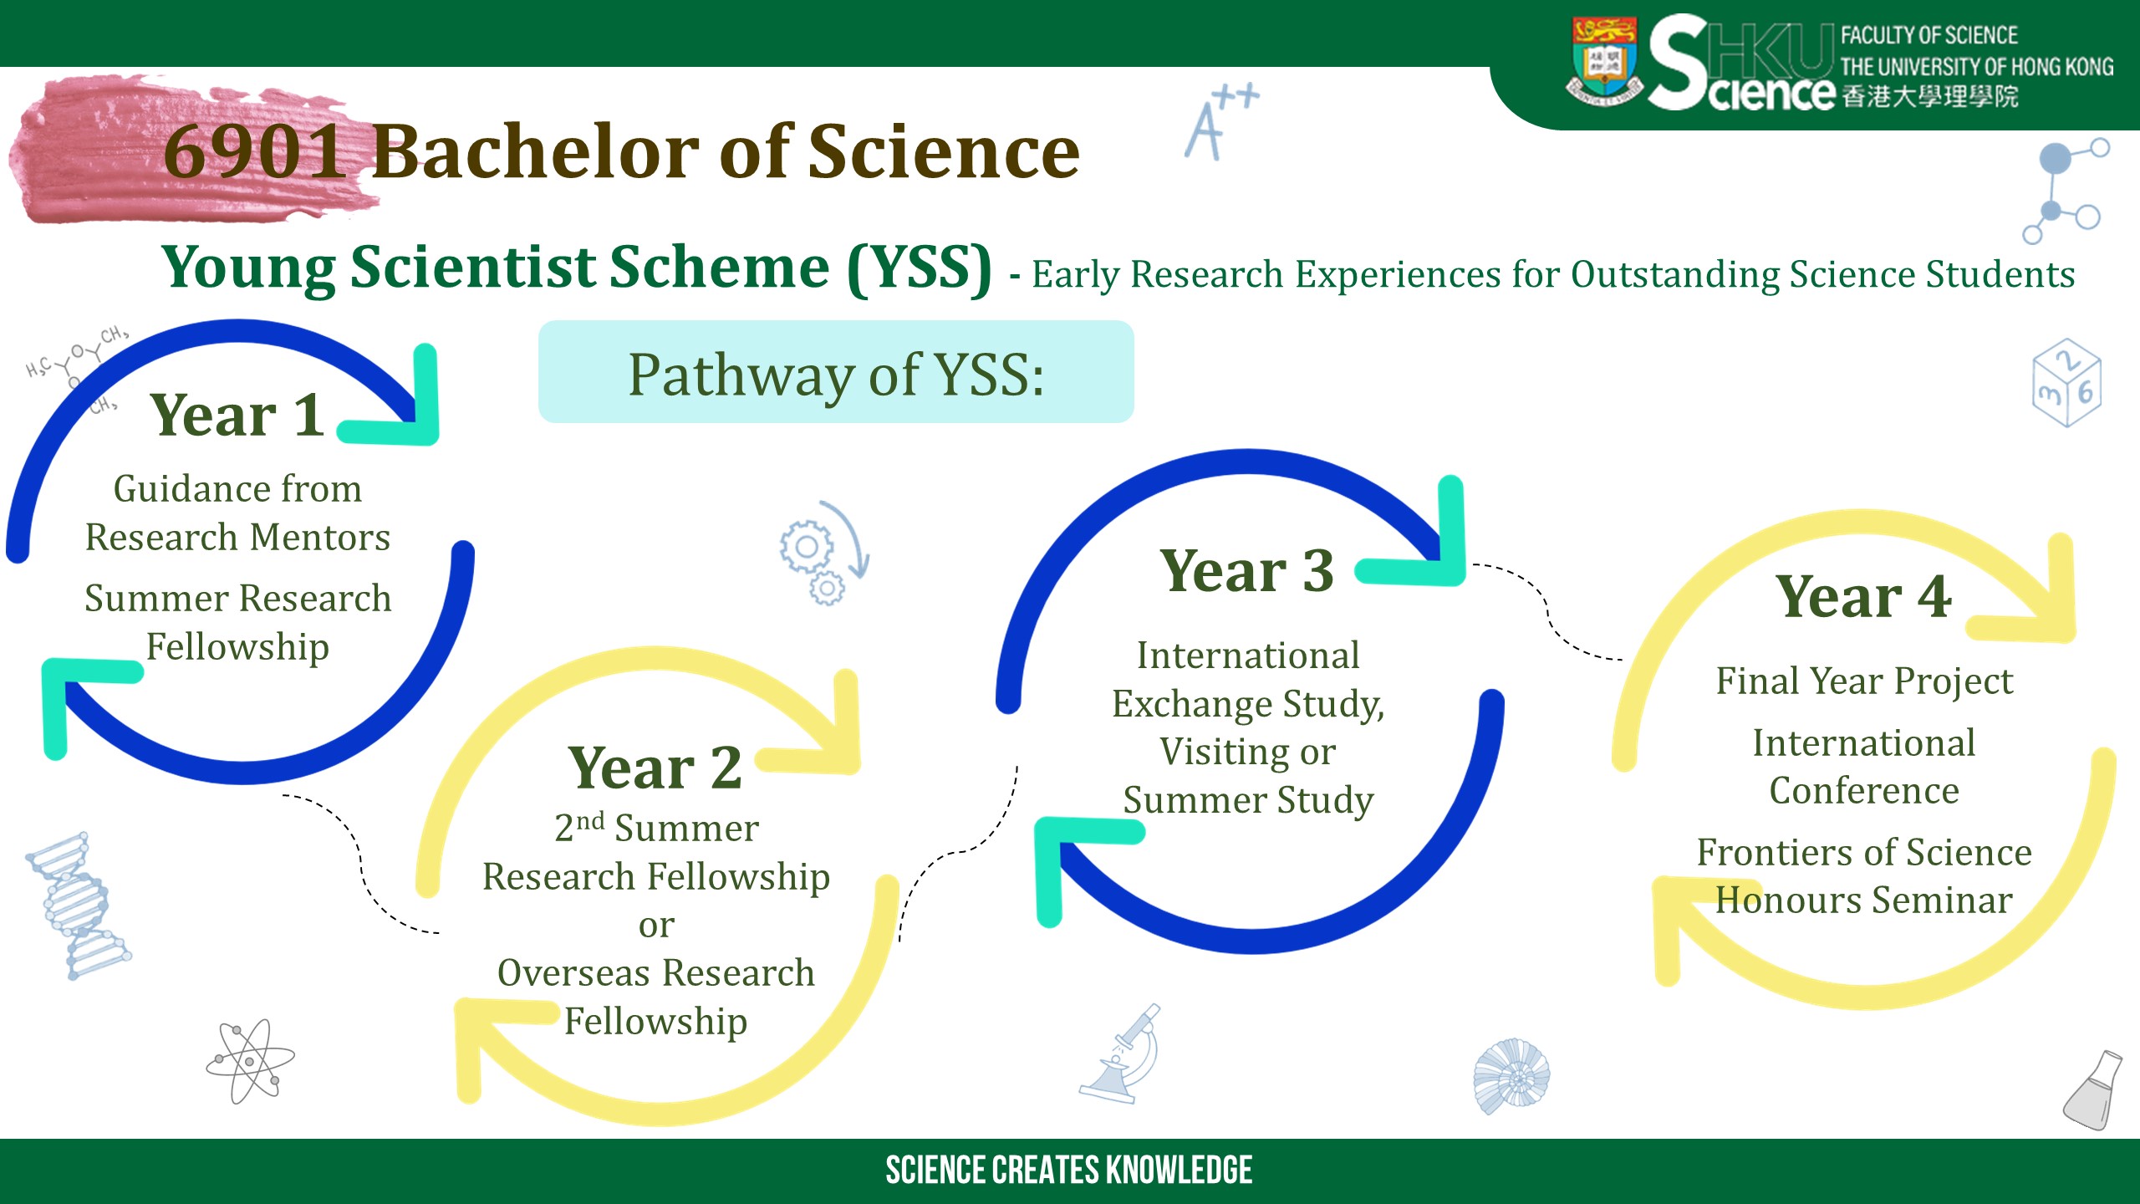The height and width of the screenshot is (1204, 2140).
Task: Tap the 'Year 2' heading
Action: [x=655, y=768]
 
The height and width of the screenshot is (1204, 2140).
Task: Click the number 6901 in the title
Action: [x=255, y=151]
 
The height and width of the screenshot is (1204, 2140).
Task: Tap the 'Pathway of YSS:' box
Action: [x=836, y=372]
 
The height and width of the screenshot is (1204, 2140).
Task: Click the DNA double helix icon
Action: [x=78, y=906]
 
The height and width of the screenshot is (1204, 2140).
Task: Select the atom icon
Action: [x=250, y=1061]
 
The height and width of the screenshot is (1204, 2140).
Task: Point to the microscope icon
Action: [x=1121, y=1053]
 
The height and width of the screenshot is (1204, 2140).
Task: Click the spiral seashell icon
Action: [x=1511, y=1076]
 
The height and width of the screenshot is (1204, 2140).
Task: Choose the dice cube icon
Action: [x=2066, y=382]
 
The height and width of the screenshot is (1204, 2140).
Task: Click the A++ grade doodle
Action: [x=1220, y=121]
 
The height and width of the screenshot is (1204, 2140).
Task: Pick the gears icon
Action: [x=823, y=553]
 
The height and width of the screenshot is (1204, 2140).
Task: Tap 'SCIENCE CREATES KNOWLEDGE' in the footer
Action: [x=1069, y=1171]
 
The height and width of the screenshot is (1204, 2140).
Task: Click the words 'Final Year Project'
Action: [x=1864, y=681]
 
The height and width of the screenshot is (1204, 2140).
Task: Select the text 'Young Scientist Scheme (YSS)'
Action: [x=577, y=268]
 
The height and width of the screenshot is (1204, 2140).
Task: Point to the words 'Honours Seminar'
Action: [x=1864, y=900]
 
